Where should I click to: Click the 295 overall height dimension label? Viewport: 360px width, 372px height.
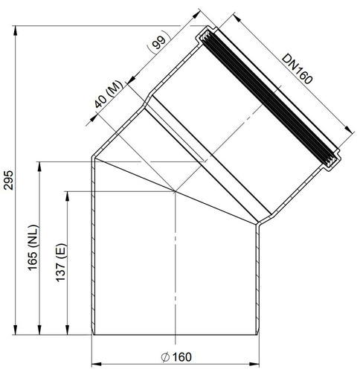9,180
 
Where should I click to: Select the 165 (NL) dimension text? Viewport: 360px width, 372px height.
33,248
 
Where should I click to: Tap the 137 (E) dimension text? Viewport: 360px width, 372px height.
61,263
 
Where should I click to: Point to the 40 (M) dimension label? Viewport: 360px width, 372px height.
109,94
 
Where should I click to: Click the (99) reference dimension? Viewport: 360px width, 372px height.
159,42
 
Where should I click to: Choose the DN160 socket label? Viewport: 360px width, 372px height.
298,68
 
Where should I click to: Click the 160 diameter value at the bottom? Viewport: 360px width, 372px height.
182,357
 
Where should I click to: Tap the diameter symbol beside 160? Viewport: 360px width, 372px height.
165,357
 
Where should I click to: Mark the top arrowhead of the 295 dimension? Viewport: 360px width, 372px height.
16,31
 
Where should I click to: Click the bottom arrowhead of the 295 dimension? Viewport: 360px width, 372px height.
16,330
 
